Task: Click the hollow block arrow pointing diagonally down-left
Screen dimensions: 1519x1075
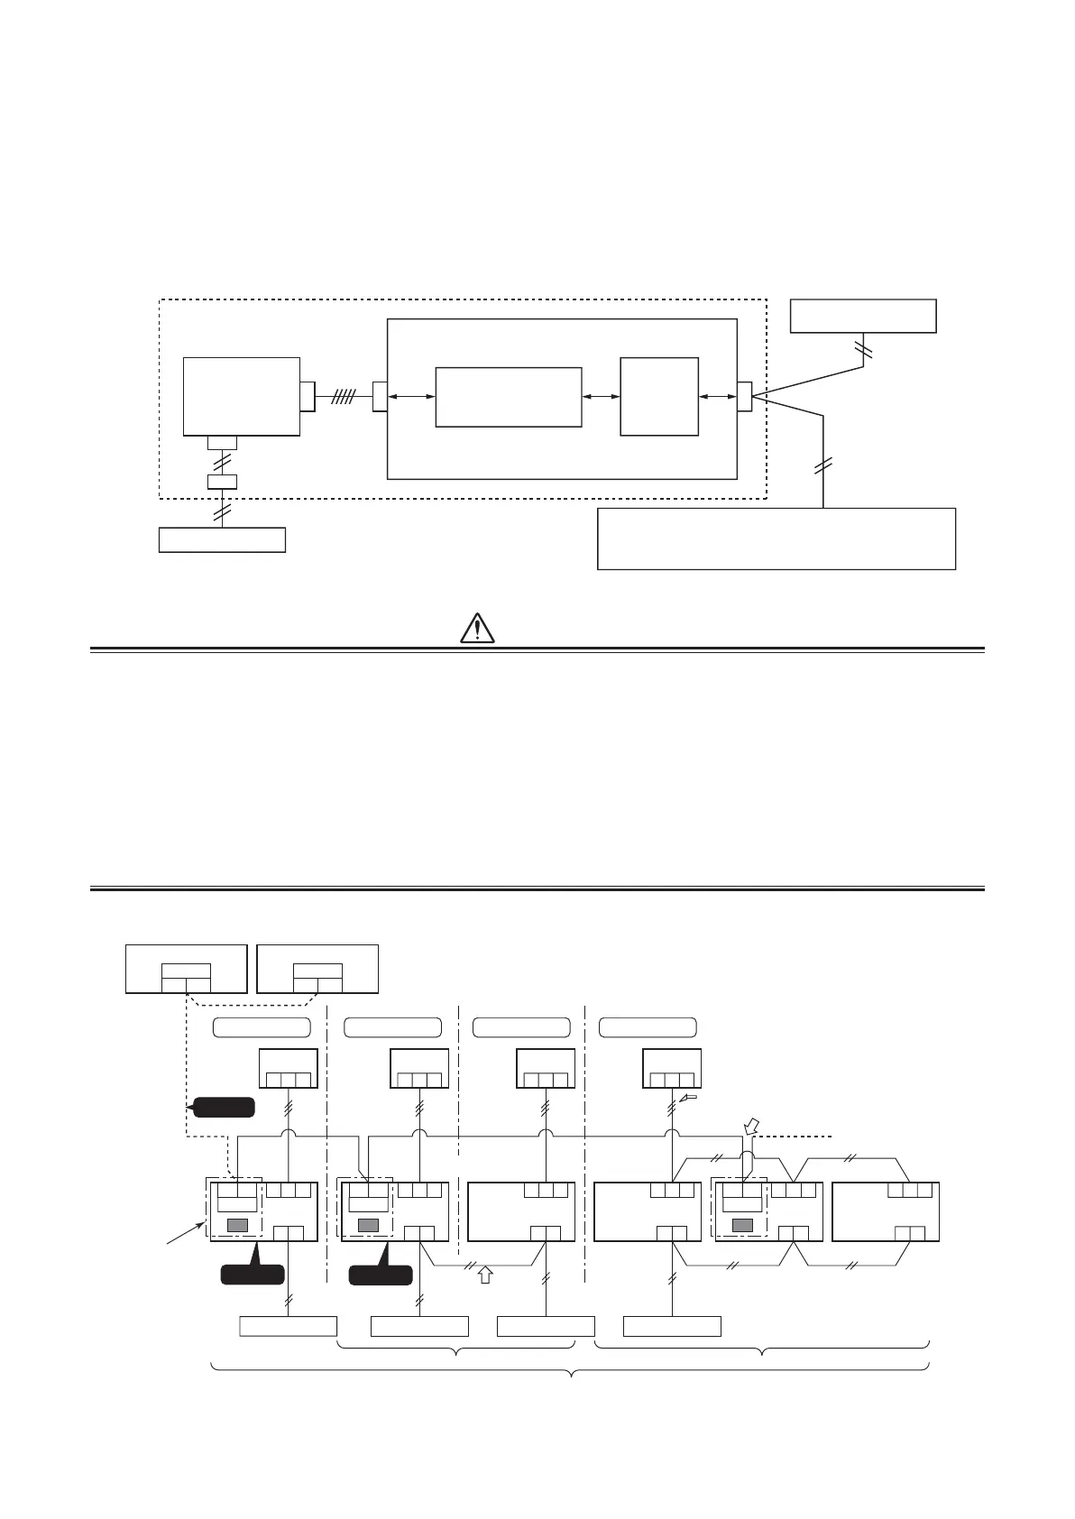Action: [x=751, y=1126]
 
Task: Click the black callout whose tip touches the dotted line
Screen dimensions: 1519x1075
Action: [x=221, y=1107]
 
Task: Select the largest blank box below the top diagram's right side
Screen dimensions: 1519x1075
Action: [x=776, y=539]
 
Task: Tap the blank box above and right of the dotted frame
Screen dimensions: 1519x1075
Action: [x=862, y=316]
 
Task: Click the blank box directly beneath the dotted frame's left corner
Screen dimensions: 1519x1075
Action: [x=222, y=539]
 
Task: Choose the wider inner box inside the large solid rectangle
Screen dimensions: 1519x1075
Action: [x=508, y=397]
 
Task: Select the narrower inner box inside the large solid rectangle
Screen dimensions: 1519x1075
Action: [x=659, y=397]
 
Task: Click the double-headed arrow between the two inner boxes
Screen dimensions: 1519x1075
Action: [x=601, y=397]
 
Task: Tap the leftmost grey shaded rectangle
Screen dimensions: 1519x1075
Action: [x=237, y=1224]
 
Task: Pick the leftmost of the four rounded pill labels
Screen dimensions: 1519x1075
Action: [x=262, y=1026]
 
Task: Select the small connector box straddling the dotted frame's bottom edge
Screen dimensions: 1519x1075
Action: [x=222, y=482]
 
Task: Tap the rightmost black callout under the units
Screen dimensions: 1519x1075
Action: [x=381, y=1273]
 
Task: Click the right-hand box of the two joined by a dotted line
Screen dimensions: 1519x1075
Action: [x=317, y=968]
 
